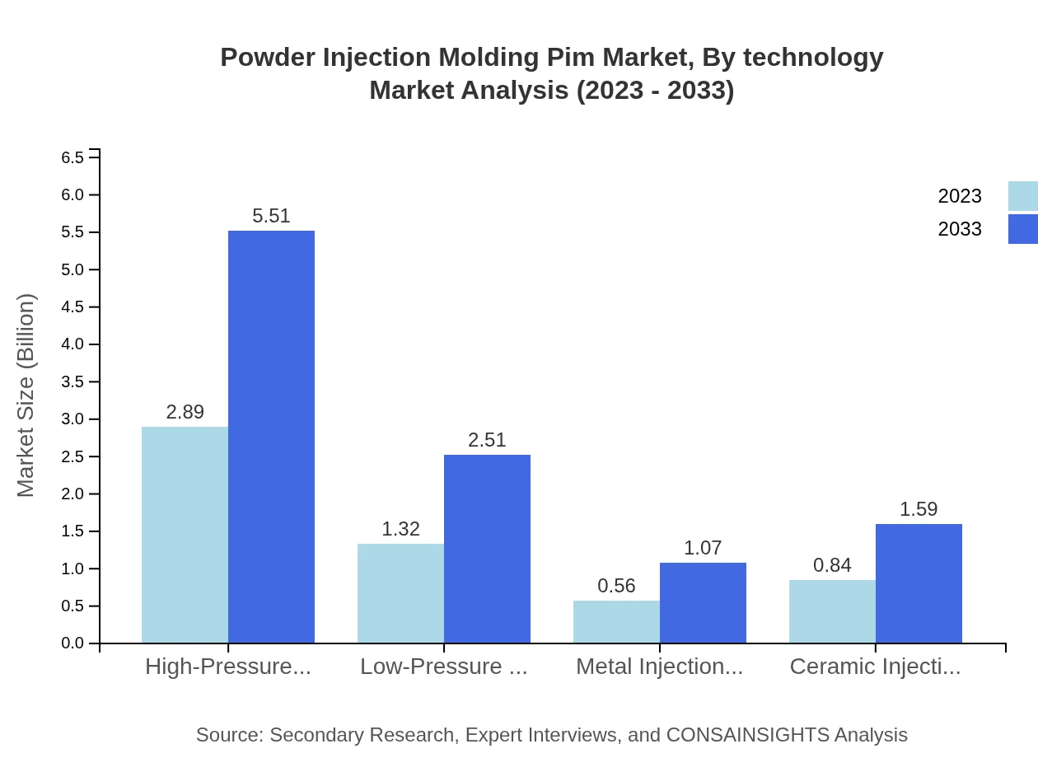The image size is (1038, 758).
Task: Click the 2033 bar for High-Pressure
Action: point(271,437)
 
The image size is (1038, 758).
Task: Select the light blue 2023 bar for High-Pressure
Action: point(185,535)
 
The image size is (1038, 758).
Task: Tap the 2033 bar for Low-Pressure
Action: point(487,549)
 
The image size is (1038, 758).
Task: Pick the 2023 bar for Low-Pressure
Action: point(400,593)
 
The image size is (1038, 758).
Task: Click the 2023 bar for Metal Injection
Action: point(616,622)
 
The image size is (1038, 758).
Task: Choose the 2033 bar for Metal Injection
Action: point(703,603)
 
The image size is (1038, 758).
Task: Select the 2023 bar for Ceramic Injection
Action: point(832,611)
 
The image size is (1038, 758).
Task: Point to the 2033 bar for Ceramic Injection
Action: point(919,583)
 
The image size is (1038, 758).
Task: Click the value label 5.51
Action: point(271,216)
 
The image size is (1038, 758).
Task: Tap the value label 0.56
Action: point(616,586)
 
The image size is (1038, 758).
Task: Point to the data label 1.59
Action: point(919,509)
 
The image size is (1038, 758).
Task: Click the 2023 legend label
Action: point(960,196)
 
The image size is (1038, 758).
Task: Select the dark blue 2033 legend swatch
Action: point(1022,229)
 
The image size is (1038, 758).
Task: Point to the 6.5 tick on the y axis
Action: point(73,157)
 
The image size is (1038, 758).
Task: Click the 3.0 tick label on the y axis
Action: point(73,419)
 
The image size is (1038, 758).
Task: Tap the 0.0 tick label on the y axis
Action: point(73,643)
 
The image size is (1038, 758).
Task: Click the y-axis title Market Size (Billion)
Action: point(26,395)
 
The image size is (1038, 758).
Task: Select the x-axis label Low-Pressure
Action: point(443,667)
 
